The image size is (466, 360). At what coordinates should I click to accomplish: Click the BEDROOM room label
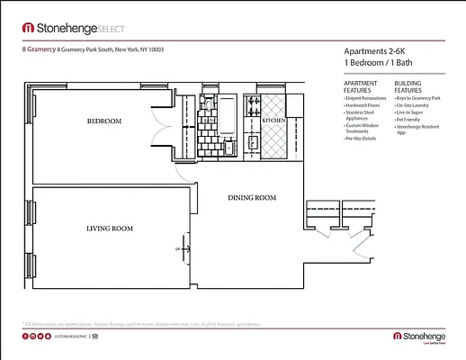(x=104, y=121)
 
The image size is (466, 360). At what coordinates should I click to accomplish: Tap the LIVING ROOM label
(x=109, y=229)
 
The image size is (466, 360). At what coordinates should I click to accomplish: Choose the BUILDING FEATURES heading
(x=408, y=87)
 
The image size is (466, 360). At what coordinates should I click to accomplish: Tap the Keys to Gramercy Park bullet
(x=417, y=97)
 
